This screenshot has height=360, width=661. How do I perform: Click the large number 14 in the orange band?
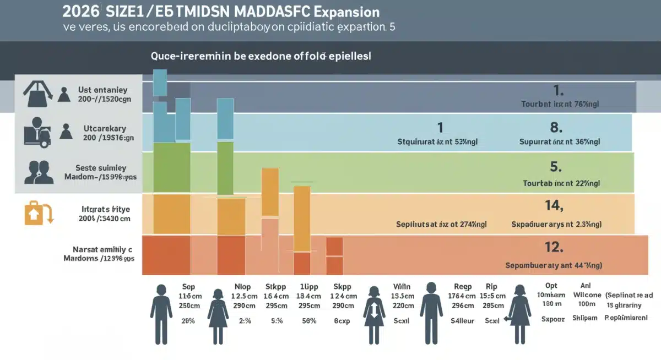point(554,206)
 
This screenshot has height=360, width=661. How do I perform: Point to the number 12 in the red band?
point(554,247)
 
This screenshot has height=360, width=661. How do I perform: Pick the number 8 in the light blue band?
point(555,128)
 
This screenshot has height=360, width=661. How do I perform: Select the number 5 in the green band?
point(555,166)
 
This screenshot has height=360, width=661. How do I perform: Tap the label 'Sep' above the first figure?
point(188,287)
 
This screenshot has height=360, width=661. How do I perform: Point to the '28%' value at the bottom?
point(188,320)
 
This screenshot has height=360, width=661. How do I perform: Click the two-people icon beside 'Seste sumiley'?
point(39,172)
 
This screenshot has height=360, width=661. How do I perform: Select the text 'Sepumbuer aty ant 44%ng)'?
point(554,265)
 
